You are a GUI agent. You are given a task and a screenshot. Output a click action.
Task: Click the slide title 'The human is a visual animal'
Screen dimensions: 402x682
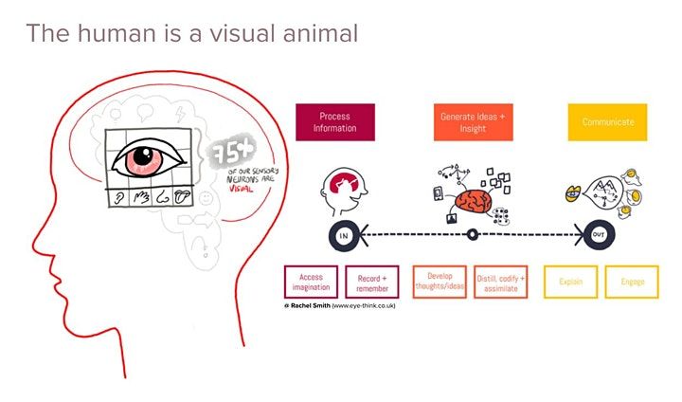coord(192,33)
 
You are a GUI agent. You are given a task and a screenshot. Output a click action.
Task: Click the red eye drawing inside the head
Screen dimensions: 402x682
coord(149,159)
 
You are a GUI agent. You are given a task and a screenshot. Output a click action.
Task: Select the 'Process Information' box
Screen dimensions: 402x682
coord(335,122)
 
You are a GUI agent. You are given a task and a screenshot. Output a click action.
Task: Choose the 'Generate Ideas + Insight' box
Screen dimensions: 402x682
coord(474,122)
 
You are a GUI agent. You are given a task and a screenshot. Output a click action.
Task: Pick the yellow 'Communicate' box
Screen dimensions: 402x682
coord(607,122)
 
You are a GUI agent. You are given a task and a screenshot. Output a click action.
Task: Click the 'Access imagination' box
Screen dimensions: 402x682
coord(311,283)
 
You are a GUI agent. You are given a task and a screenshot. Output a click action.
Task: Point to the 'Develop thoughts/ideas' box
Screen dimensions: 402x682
coord(440,283)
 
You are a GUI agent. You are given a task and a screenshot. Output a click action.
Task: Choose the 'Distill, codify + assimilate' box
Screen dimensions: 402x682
coord(501,283)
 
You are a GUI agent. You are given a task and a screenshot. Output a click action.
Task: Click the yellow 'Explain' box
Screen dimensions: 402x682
coord(570,283)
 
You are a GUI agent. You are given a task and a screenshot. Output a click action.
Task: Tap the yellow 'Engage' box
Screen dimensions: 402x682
coord(633,283)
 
